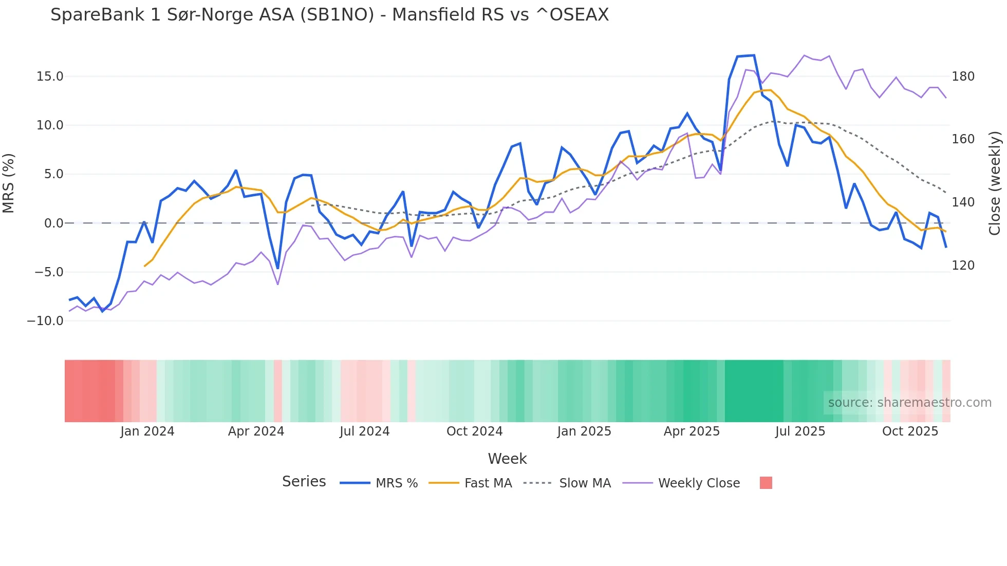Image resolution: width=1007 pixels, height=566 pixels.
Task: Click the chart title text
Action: point(329,15)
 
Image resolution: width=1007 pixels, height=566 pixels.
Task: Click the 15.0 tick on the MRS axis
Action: point(49,77)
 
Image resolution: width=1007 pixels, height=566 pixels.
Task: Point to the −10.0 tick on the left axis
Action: point(45,321)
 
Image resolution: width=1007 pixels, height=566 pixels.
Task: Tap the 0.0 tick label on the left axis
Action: point(53,223)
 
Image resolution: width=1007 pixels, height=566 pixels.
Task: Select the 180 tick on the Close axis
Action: point(963,77)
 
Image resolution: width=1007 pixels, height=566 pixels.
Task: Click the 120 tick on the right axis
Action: point(963,266)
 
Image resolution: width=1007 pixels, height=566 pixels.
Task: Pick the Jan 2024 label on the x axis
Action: point(147,431)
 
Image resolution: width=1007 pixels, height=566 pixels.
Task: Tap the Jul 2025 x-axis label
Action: point(800,431)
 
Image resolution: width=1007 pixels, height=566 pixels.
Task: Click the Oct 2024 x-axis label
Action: point(474,431)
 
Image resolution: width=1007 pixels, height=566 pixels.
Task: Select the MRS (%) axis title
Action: point(9,183)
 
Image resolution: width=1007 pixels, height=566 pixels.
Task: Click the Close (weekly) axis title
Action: point(995,183)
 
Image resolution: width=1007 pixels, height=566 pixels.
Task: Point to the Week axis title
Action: point(507,459)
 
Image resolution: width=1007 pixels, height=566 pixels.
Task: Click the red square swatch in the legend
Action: point(766,483)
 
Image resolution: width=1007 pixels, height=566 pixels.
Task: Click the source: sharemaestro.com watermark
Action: point(909,403)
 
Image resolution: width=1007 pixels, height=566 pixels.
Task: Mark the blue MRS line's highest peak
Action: point(753,55)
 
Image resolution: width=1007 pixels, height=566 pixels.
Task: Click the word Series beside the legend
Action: point(304,482)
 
